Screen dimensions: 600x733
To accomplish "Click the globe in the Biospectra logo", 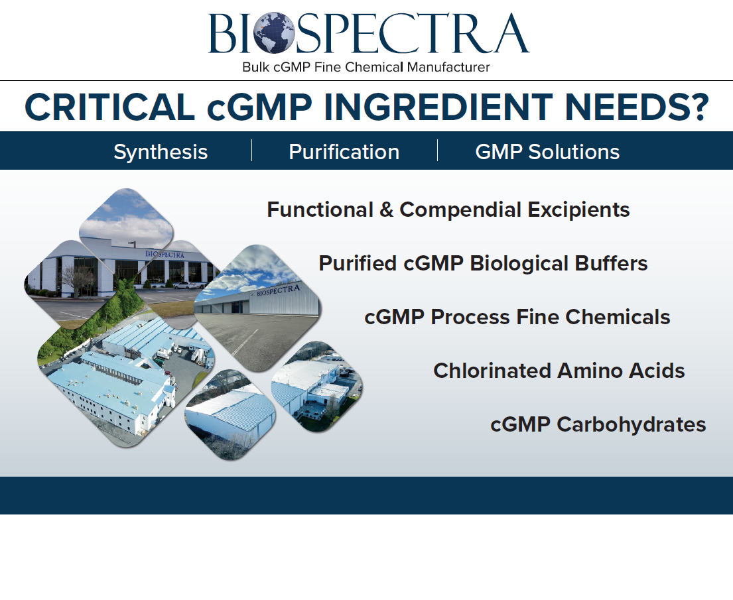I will click(x=275, y=32).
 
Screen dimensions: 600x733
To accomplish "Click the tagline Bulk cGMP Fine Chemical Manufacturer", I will click(x=366, y=68).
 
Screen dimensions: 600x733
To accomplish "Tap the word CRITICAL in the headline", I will click(x=109, y=107).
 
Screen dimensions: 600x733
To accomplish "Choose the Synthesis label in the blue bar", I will click(x=161, y=152).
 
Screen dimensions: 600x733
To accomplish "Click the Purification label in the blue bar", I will click(x=344, y=152).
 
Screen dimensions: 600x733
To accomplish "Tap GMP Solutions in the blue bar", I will click(x=547, y=152).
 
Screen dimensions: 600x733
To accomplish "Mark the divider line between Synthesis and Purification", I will click(x=252, y=150).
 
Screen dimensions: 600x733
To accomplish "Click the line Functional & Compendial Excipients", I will click(x=448, y=210).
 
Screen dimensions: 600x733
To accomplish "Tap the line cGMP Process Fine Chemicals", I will click(x=517, y=317).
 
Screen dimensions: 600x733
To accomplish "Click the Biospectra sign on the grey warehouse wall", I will click(x=278, y=290).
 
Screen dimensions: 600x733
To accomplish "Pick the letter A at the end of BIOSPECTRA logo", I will click(x=511, y=32).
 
